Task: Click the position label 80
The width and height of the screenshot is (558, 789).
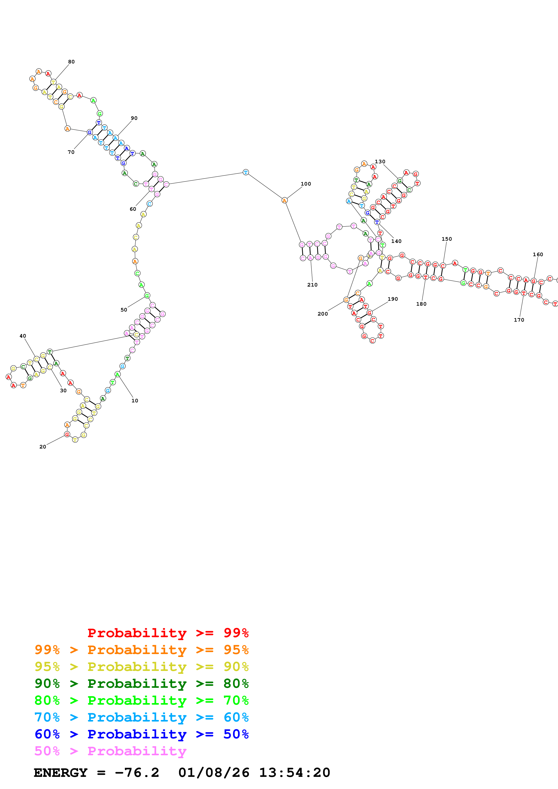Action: coord(71,62)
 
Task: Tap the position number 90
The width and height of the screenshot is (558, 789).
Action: coord(134,118)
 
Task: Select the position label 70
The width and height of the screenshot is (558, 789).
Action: coord(71,152)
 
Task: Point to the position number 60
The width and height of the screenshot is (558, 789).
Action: coord(133,209)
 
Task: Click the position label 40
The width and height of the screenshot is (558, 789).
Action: coord(23,336)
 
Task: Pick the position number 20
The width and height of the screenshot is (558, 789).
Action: coord(43,447)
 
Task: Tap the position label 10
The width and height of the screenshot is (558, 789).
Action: coord(135,401)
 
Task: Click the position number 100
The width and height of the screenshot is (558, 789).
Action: coord(306,184)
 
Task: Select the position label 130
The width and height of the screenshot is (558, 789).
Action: coord(380,161)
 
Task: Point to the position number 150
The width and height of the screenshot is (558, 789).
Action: coord(447,239)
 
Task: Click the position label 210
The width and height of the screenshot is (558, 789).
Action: coord(312,285)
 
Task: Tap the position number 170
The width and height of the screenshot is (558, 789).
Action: coord(519,320)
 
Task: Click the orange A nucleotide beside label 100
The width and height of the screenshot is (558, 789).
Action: coord(284,200)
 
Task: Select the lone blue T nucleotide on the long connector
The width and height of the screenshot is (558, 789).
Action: coord(246,172)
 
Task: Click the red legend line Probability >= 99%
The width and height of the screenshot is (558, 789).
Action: coord(168,633)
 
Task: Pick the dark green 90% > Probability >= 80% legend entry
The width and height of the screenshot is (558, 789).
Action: coord(141,684)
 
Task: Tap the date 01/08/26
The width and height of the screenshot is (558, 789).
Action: coord(214,773)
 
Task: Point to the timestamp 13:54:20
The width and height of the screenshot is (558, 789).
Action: coord(294,773)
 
